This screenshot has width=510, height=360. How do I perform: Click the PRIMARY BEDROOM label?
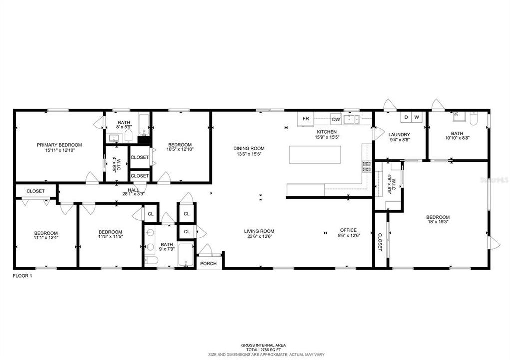coord(59,145)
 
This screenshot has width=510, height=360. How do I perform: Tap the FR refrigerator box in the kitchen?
coord(306,119)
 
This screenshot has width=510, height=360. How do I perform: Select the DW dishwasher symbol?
coord(336,119)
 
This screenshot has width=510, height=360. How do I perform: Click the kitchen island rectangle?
coord(315,155)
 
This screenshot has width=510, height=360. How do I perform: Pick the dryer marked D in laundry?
coord(406,117)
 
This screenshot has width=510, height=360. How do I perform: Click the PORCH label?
coord(208,263)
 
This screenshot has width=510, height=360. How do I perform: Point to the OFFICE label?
coord(348,230)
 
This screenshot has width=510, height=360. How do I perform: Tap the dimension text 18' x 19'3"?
coord(438,223)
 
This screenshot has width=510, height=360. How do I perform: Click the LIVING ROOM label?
coord(258,231)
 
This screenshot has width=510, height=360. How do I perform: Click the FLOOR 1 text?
coord(22,275)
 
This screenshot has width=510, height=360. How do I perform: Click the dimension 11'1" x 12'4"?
coord(46,238)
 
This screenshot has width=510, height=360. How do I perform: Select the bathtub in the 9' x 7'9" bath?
coord(185,255)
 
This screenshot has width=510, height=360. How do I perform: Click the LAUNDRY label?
coord(399,135)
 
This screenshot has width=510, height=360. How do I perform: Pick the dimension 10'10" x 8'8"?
coord(457,139)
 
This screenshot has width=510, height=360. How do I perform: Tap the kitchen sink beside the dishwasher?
coord(353,119)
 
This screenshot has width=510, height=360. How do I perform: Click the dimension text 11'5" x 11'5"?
coord(110,237)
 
